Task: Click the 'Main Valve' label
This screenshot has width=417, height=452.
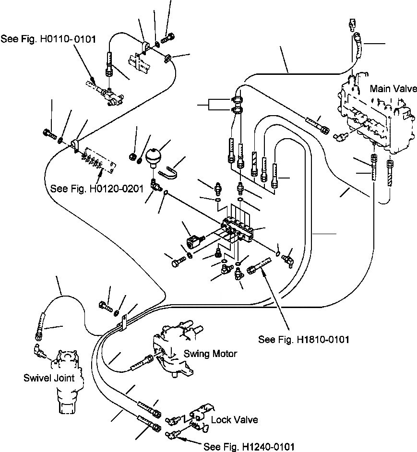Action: coord(393,88)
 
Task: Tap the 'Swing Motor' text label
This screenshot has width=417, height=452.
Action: coord(210,354)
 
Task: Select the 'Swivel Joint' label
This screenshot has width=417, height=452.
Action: coord(49,378)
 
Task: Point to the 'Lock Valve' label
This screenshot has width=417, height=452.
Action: coord(234,419)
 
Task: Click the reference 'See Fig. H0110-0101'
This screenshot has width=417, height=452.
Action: coord(48,39)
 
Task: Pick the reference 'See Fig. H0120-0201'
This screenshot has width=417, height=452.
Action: coord(97,189)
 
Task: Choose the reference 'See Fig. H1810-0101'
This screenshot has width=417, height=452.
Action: coord(304,339)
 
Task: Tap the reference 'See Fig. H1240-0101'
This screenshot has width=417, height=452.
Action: coord(249,447)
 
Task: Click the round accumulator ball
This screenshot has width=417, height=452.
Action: coord(154,157)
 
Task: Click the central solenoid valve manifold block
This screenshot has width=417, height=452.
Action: coord(237,229)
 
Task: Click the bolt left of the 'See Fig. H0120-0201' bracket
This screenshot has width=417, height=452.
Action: coord(49,133)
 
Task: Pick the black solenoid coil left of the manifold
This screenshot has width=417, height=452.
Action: coord(194,241)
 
